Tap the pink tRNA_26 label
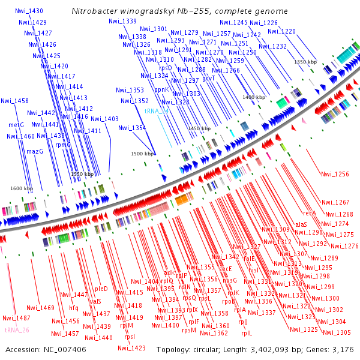[x=17, y=330]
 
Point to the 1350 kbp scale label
[x=305, y=62]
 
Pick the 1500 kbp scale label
[x=143, y=154]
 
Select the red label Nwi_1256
[x=335, y=175]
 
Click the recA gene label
[x=309, y=213]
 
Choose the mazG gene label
[x=35, y=151]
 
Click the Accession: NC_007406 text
[x=46, y=349]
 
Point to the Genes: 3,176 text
[x=333, y=349]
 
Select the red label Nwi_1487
[x=16, y=318]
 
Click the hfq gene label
[x=74, y=308]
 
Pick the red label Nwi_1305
[x=336, y=332]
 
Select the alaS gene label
[x=301, y=224]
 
